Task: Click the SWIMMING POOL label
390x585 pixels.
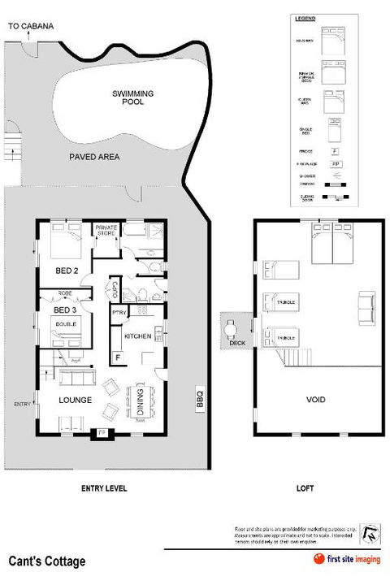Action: [132, 99]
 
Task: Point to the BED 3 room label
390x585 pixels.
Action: [65, 310]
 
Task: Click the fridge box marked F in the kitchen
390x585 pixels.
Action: [118, 357]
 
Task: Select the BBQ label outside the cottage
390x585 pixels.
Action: [199, 401]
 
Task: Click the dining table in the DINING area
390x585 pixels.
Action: [141, 402]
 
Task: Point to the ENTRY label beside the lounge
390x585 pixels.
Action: [22, 404]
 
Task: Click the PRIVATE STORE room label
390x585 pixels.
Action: [106, 230]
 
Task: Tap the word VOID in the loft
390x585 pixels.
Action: [315, 401]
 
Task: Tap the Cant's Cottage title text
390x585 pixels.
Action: [46, 561]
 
